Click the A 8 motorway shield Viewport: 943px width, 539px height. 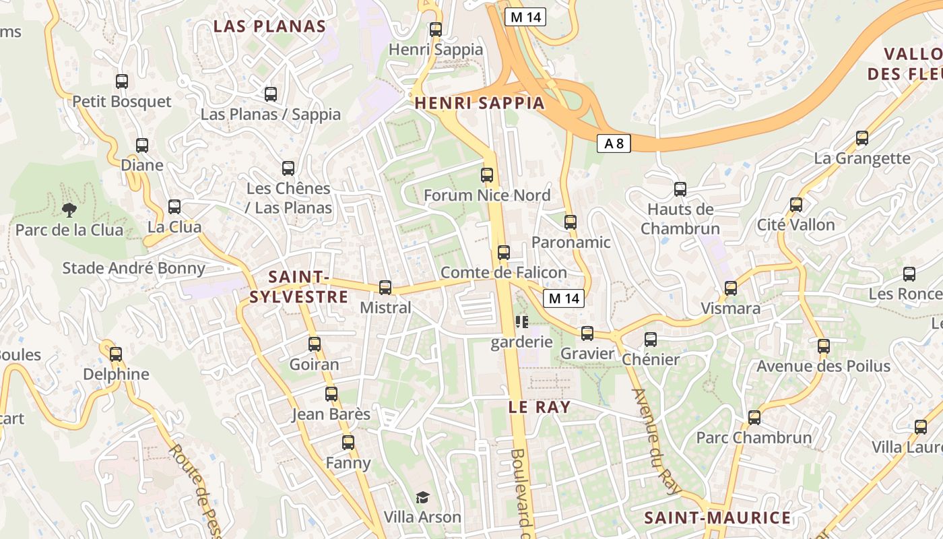pyautogui.click(x=613, y=143)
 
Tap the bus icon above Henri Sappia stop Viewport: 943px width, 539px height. pyautogui.click(x=436, y=30)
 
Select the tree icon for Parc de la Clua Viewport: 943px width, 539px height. pyautogui.click(x=69, y=210)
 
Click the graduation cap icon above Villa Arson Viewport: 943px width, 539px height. pyautogui.click(x=422, y=497)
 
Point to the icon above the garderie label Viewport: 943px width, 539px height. pyautogui.click(x=521, y=322)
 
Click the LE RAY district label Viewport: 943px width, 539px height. pyautogui.click(x=539, y=407)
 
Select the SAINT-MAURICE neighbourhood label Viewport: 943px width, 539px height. pyautogui.click(x=717, y=517)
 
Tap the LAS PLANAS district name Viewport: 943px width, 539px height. pyautogui.click(x=269, y=27)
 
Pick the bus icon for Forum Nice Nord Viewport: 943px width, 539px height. pyautogui.click(x=487, y=175)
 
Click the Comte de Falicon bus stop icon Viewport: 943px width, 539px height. pyautogui.click(x=503, y=253)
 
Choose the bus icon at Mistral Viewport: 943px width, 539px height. pyautogui.click(x=385, y=288)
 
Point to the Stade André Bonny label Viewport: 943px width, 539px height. pyautogui.click(x=133, y=268)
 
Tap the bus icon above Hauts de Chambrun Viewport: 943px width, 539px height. pyautogui.click(x=680, y=189)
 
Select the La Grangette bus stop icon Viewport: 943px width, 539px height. pyautogui.click(x=861, y=138)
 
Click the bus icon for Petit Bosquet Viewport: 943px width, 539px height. pyautogui.click(x=122, y=82)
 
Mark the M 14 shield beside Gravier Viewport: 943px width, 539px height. pyautogui.click(x=564, y=298)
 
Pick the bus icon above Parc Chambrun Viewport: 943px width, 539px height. pyautogui.click(x=754, y=418)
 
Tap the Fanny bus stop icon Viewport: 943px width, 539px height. pyautogui.click(x=348, y=443)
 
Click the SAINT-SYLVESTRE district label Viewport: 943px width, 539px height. pyautogui.click(x=298, y=287)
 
